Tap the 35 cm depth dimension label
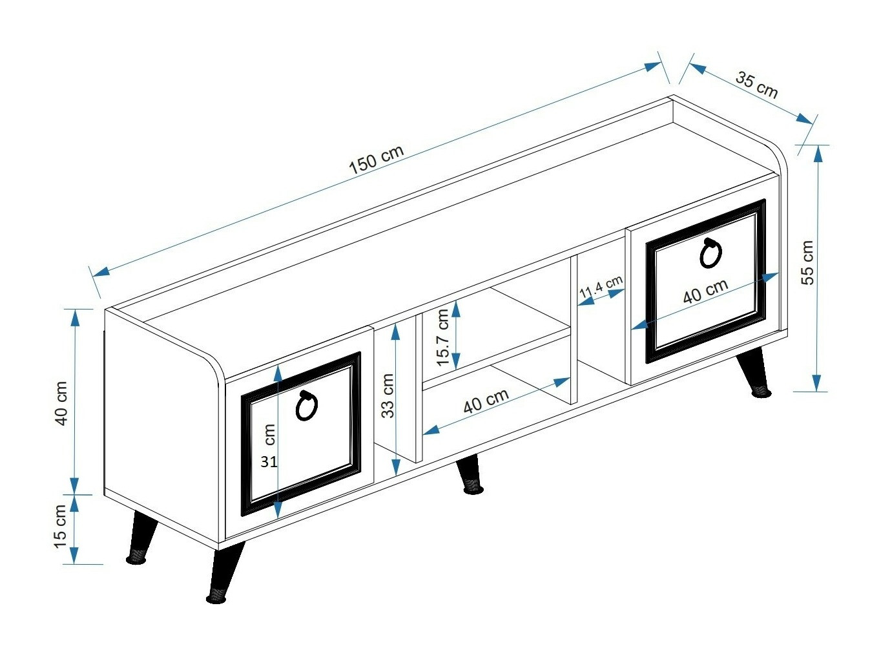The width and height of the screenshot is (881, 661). [x=756, y=85]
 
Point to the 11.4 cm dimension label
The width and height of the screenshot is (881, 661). [x=601, y=288]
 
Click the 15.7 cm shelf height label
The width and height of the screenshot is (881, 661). [x=442, y=337]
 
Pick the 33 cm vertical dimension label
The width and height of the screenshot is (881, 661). [x=388, y=396]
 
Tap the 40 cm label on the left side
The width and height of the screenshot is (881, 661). [x=61, y=403]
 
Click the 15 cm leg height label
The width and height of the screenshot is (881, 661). [x=61, y=527]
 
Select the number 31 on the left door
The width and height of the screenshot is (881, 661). [x=269, y=462]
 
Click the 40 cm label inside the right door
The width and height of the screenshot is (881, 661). [x=705, y=291]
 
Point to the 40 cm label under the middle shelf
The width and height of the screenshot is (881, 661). [x=486, y=401]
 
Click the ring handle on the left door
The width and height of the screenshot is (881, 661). [x=306, y=406]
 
